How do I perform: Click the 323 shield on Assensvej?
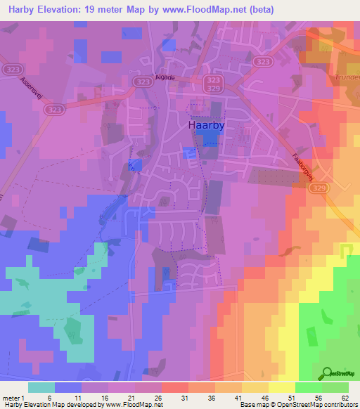tap(54, 110)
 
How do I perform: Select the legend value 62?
tap(345, 398)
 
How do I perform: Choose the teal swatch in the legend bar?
tap(41, 387)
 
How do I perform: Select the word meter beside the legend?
tap(12, 398)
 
